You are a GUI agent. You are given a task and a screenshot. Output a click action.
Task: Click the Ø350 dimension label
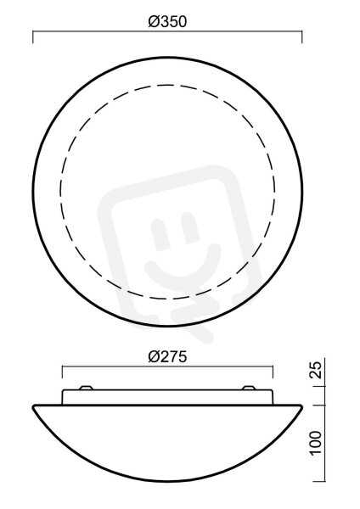tap(167, 22)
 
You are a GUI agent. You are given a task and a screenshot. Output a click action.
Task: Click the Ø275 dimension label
tap(167, 356)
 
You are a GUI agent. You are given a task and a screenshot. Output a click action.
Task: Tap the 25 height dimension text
tap(317, 370)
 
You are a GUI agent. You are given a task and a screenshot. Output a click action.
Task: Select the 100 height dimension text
tap(317, 443)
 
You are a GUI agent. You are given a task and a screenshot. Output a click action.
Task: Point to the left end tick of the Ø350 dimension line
tap(33, 37)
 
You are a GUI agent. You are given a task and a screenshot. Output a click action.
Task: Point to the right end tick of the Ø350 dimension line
tap(302, 37)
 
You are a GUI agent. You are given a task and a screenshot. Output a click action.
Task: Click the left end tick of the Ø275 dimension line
tap(62, 372)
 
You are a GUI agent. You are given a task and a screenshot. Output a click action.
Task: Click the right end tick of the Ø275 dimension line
tap(273, 372)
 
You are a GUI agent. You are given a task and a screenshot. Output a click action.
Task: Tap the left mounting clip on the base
tap(87, 388)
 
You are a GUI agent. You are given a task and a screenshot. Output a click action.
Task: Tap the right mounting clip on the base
tap(249, 388)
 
